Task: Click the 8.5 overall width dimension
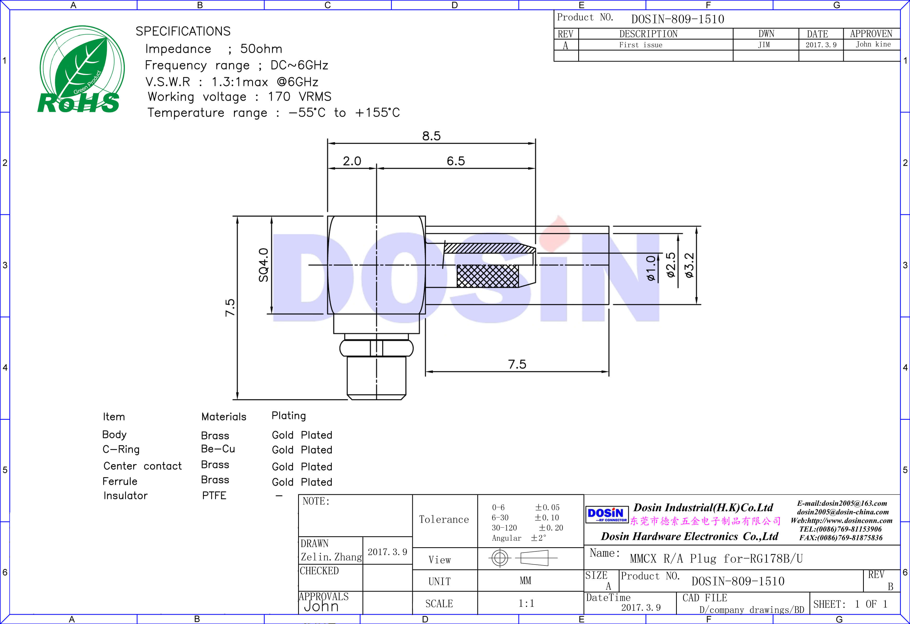[431, 136]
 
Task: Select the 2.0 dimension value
[352, 161]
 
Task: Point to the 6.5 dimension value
[455, 161]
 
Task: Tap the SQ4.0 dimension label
[263, 265]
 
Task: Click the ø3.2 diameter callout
[689, 265]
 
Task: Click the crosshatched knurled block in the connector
[487, 276]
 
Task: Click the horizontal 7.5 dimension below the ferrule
[517, 364]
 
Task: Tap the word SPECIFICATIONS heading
[183, 31]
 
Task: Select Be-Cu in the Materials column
[218, 449]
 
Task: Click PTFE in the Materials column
[214, 496]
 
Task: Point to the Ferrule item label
[120, 481]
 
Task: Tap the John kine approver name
[873, 44]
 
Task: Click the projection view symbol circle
[500, 557]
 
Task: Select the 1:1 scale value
[526, 603]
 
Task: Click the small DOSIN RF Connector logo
[606, 515]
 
